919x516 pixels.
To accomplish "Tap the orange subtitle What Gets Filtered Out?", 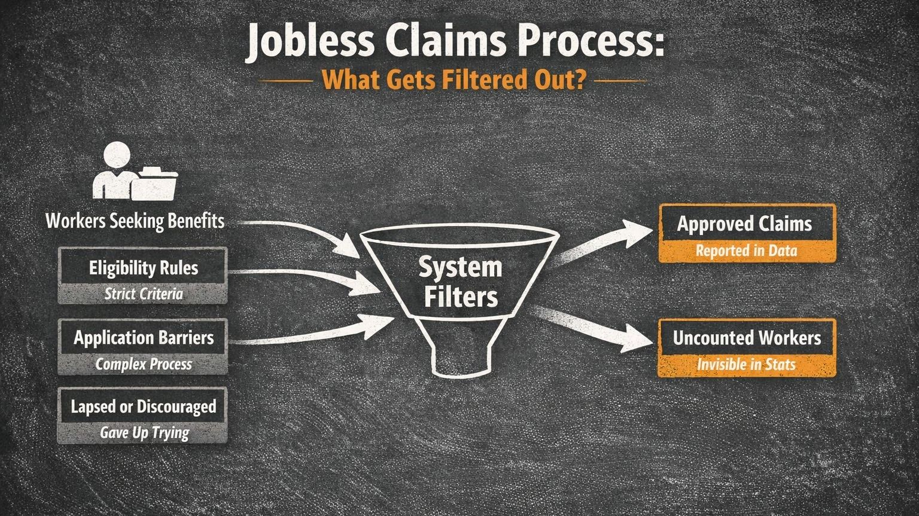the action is click(454, 80).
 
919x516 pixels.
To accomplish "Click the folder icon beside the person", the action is click(155, 185).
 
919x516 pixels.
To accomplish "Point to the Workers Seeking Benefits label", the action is click(135, 221).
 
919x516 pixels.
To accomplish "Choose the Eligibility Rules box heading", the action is click(143, 267).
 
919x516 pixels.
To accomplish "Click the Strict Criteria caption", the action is click(143, 294).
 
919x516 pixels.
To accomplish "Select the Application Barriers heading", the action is click(143, 338).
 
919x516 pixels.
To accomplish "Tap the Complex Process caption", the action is click(143, 364).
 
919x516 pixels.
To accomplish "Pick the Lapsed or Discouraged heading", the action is click(143, 407).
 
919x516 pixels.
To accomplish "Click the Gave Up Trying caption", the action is click(144, 432).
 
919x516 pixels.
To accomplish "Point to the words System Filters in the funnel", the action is click(460, 282).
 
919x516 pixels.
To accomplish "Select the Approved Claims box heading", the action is click(745, 224).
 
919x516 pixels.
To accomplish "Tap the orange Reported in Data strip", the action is click(746, 251).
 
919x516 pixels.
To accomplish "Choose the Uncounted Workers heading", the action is click(747, 338).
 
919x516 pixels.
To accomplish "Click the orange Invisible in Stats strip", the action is click(746, 364).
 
